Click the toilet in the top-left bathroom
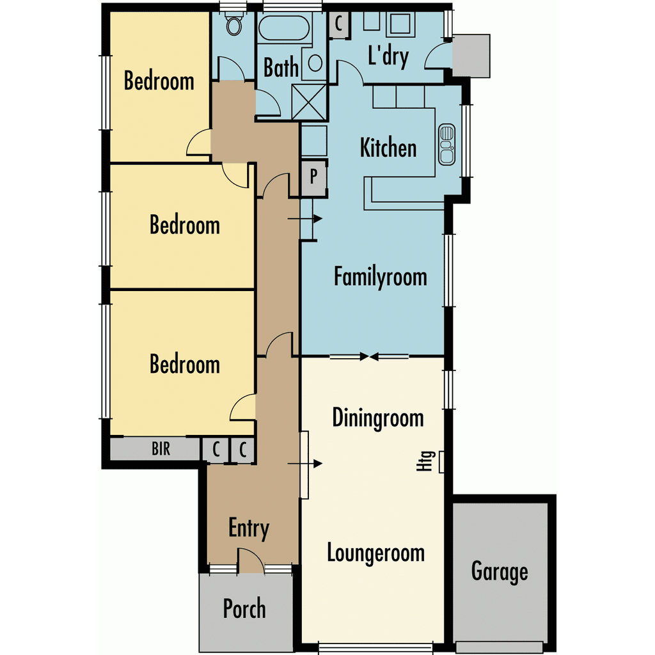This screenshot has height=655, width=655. pos(234,24)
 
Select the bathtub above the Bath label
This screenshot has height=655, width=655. pos(284,28)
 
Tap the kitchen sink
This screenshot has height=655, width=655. pos(446,145)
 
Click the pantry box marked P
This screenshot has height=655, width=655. pos(313,177)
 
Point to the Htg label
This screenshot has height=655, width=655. pos(425,461)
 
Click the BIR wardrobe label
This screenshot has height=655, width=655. pos(161,448)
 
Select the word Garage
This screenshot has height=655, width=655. pos(500,571)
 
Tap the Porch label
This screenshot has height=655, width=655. pos(244,608)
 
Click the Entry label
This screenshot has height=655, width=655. pos(249,528)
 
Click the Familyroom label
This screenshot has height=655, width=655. pos(381,277)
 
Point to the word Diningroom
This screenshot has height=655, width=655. pos(378,418)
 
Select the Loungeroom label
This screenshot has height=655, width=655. pos(376,553)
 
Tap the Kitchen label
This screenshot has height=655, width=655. pos(388,148)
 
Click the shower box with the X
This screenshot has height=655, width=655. pos(309,102)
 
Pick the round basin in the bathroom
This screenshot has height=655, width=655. pos(315,63)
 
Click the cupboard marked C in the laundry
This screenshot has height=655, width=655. pos(339,24)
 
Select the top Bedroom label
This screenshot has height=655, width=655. pos(159,81)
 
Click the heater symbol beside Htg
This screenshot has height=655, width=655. pos(441,462)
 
